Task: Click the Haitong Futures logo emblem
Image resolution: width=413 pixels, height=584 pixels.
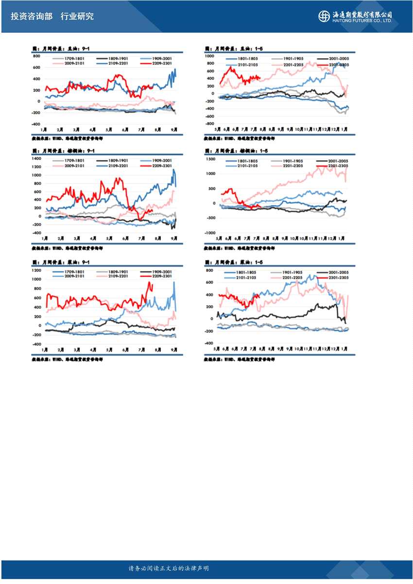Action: pyautogui.click(x=324, y=17)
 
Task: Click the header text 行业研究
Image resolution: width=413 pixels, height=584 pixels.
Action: pyautogui.click(x=77, y=17)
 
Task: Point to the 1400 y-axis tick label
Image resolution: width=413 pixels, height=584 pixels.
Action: pyautogui.click(x=36, y=159)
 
